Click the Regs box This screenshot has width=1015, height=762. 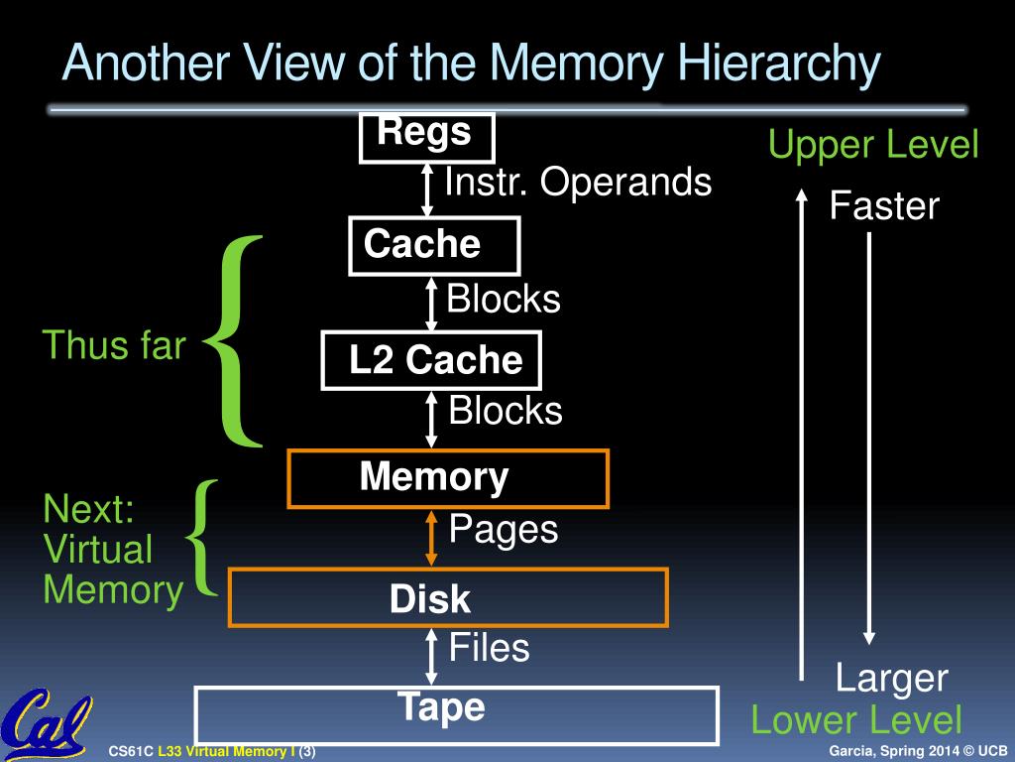click(426, 137)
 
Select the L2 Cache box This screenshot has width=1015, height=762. click(432, 360)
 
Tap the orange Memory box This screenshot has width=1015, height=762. click(448, 478)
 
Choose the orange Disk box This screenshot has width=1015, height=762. click(448, 598)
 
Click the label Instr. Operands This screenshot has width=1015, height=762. click(578, 183)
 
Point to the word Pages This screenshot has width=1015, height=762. click(504, 529)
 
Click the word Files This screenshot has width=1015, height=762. click(490, 649)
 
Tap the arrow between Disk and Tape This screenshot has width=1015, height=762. click(431, 656)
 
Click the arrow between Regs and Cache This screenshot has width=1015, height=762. click(427, 190)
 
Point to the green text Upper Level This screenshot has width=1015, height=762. click(873, 146)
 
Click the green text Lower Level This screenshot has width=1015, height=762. click(856, 720)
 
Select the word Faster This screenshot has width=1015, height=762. click(884, 206)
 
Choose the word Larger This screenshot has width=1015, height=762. click(891, 680)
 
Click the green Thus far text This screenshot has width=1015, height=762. click(114, 345)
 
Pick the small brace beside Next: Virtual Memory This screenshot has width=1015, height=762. click(203, 538)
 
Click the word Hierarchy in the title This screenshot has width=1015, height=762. click(779, 65)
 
